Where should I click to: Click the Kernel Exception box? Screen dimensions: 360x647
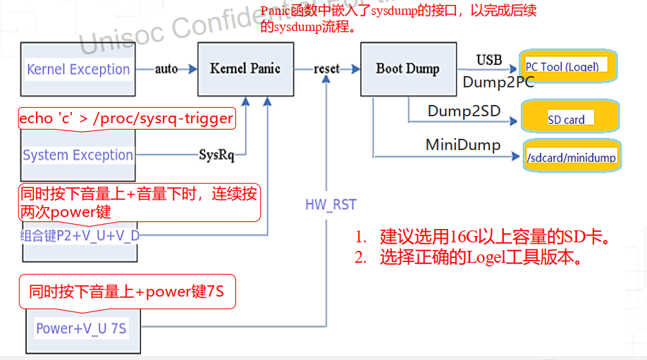click(x=78, y=69)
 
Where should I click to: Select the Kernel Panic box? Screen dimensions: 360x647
click(x=245, y=68)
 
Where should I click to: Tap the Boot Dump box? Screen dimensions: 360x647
click(x=407, y=68)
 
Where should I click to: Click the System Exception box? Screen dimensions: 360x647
click(x=78, y=155)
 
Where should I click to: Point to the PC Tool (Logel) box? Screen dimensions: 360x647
click(x=568, y=66)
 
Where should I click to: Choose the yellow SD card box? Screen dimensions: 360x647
click(x=570, y=118)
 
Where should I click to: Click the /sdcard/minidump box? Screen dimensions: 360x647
click(x=571, y=157)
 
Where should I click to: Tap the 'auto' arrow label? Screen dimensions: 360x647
click(x=166, y=69)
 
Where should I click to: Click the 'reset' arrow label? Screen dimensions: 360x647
click(x=326, y=69)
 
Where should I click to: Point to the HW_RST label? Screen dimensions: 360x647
click(x=331, y=205)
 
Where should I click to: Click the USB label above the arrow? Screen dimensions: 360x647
click(x=489, y=60)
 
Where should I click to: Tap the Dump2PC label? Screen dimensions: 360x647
click(x=498, y=82)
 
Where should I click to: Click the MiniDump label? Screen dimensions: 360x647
click(x=463, y=145)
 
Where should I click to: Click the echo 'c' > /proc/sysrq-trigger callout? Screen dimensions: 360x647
click(x=126, y=118)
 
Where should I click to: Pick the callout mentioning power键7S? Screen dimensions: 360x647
click(x=127, y=291)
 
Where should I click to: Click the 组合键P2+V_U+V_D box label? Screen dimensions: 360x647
click(x=80, y=235)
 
